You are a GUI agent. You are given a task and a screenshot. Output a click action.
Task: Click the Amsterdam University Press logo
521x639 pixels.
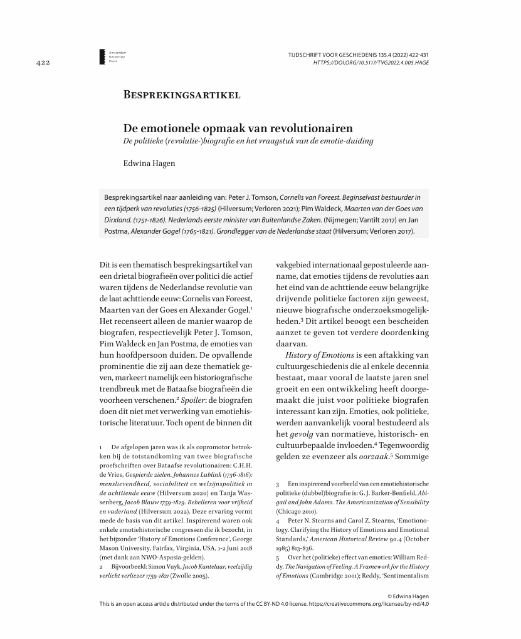[x=103, y=56]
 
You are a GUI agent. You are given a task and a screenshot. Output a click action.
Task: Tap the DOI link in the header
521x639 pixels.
[x=371, y=63]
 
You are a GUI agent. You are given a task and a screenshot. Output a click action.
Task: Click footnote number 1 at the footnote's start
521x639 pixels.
[x=101, y=447]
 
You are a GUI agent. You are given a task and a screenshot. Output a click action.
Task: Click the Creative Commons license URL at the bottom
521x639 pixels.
[x=369, y=604]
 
